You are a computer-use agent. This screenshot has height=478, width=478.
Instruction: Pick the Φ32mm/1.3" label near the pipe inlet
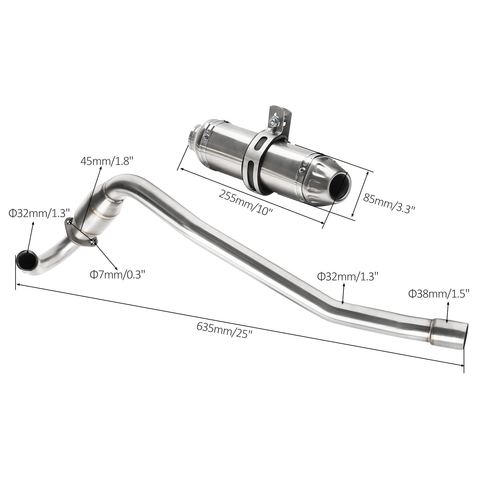(x=39, y=213)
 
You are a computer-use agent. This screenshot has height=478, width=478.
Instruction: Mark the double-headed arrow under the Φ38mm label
(x=448, y=312)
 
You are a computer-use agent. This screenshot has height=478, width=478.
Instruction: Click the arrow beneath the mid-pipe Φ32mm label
(x=344, y=294)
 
